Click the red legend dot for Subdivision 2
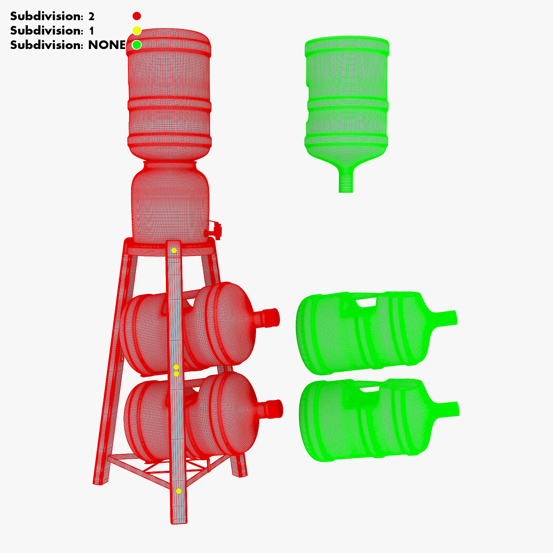pos(137,16)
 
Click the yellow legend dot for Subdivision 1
pos(137,31)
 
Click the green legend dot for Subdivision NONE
pos(137,45)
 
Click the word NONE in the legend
pos(107,45)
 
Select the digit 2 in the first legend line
pos(91,16)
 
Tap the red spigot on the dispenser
pos(214,230)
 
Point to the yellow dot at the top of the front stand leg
pos(174,250)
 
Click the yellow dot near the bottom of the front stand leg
pos(179,491)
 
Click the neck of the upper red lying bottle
pos(269,318)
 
